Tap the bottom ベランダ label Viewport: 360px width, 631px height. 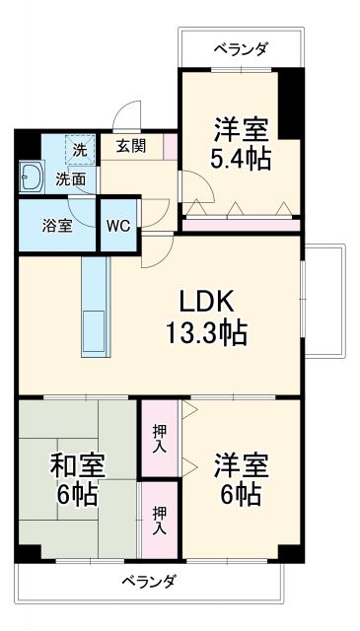click(x=149, y=581)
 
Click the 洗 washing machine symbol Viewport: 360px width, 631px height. click(x=80, y=150)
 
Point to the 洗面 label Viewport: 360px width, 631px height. click(x=70, y=179)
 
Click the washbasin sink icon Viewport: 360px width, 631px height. click(x=32, y=178)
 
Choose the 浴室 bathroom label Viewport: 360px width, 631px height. click(x=56, y=225)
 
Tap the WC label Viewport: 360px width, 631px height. click(x=118, y=225)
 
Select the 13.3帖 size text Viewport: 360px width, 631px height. click(x=206, y=332)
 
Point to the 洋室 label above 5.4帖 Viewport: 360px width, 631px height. click(x=240, y=128)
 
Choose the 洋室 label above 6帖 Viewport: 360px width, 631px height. click(x=240, y=463)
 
